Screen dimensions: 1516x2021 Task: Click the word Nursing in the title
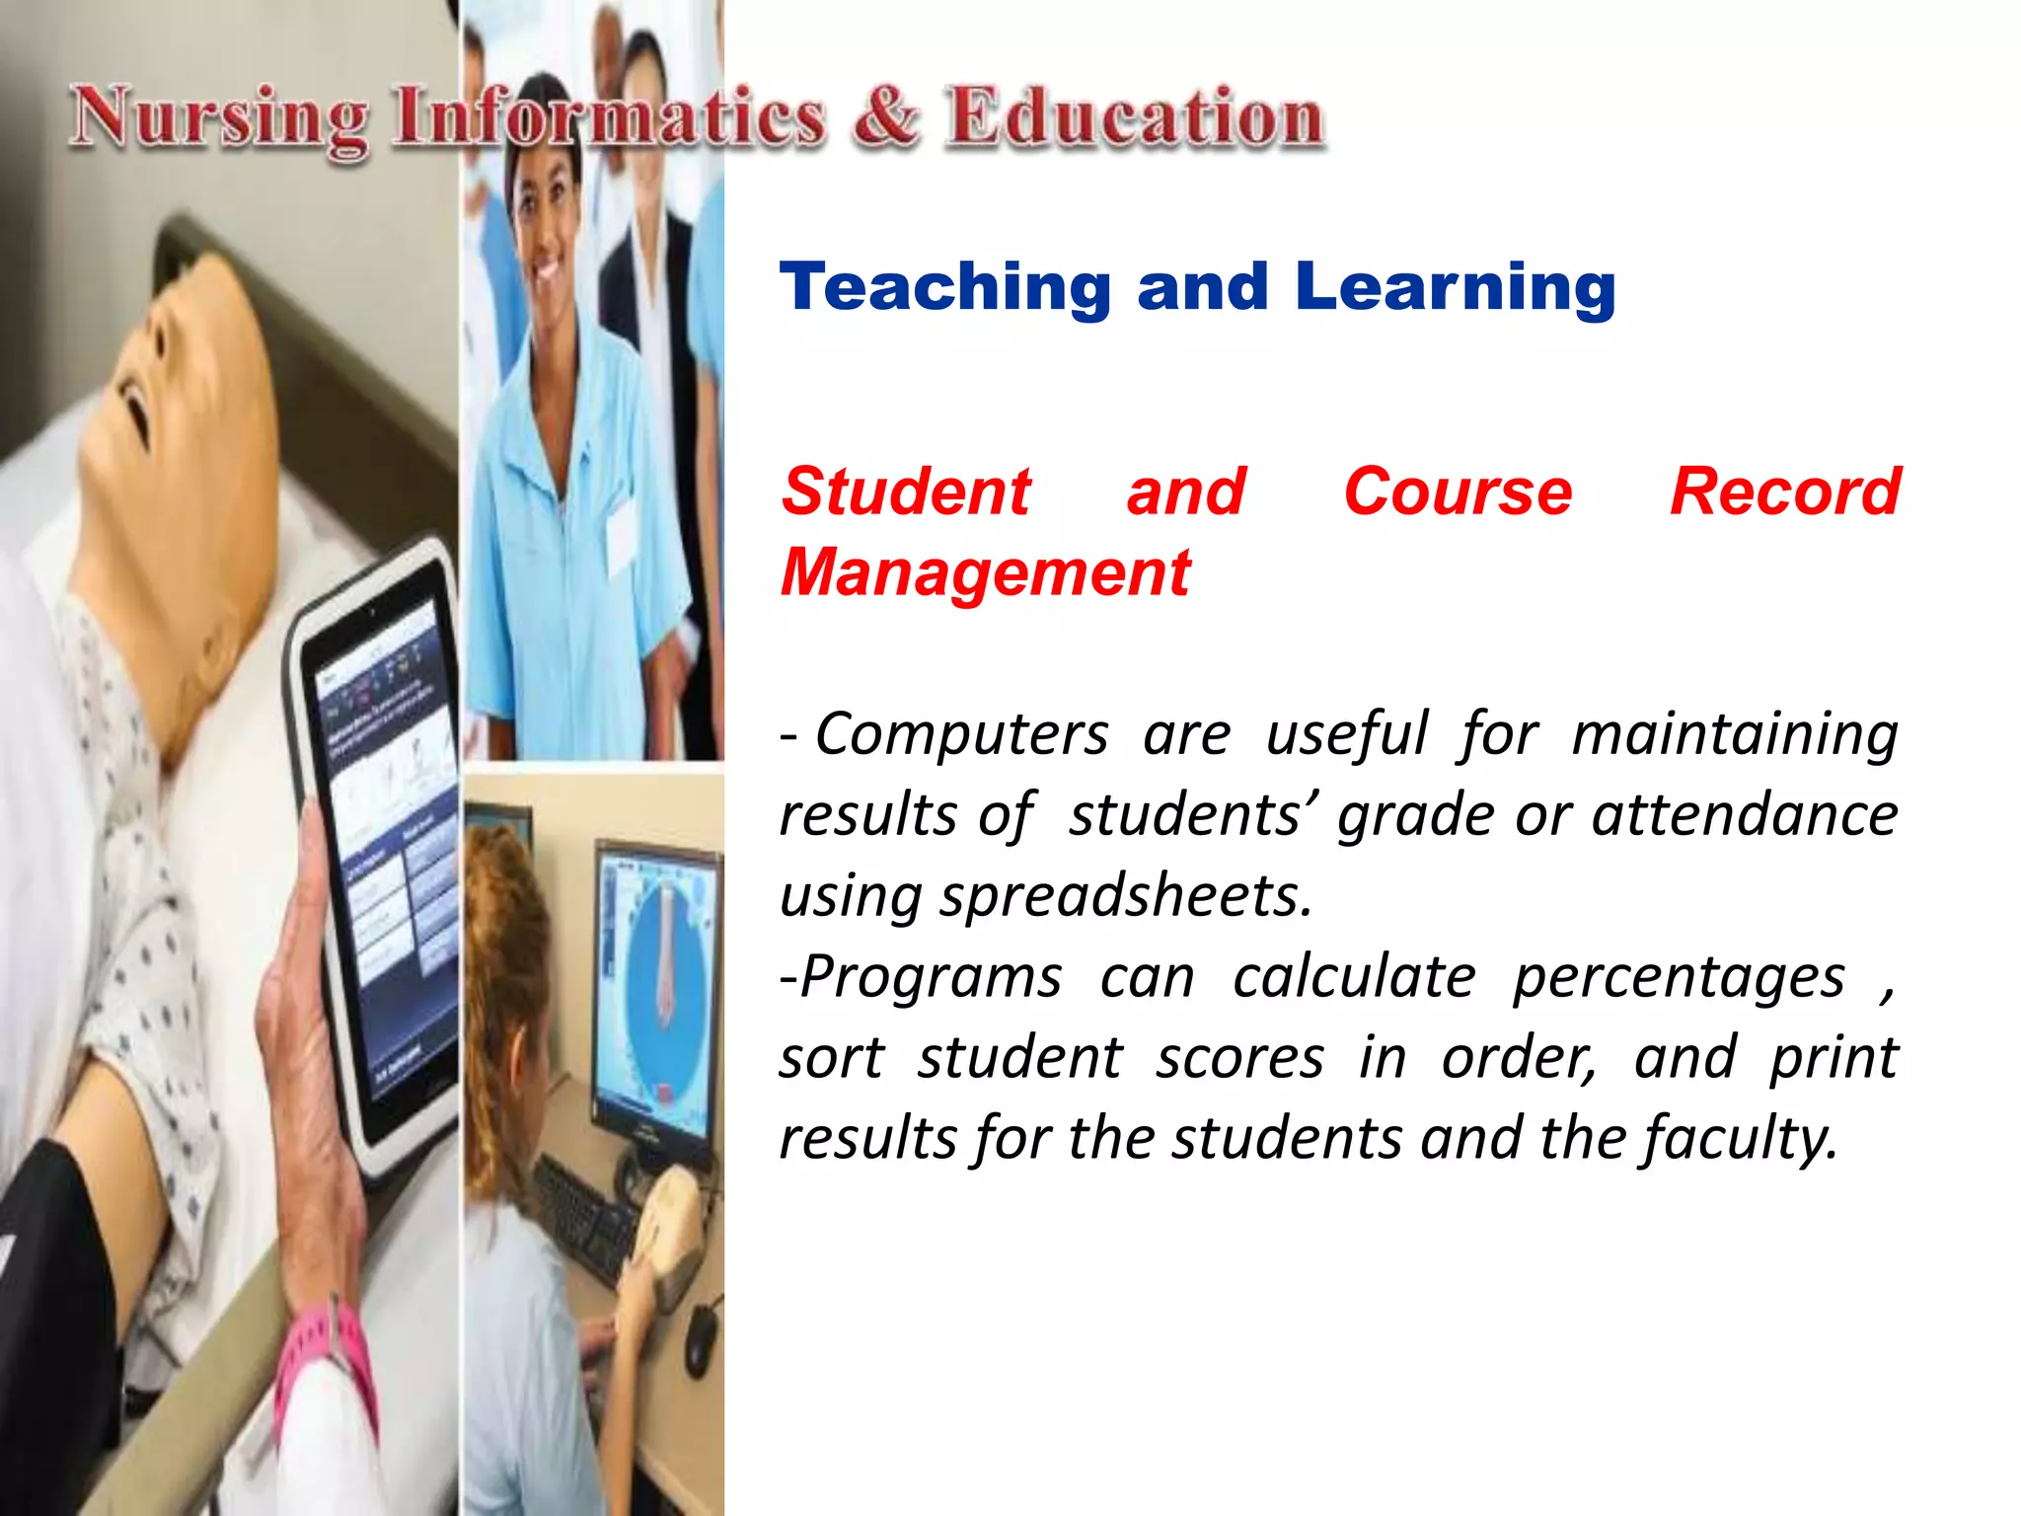[x=219, y=120]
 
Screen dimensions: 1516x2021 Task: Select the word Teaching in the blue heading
[x=945, y=287]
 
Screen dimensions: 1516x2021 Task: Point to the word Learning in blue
[x=1455, y=287]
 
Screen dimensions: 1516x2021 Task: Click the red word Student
[x=905, y=492]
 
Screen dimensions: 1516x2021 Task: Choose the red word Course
[x=1457, y=492]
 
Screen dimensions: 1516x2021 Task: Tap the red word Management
[x=985, y=572]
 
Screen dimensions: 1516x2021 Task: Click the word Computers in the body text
[x=961, y=734]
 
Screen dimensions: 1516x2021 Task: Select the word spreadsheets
[x=1125, y=896]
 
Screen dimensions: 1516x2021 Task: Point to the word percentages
[x=1679, y=977]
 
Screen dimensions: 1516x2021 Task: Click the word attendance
[x=1744, y=815]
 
